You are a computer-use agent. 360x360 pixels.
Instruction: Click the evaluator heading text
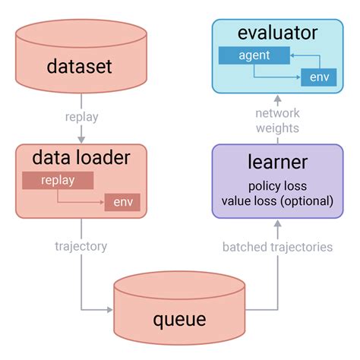coord(276,33)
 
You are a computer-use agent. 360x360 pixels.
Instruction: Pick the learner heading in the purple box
coord(276,162)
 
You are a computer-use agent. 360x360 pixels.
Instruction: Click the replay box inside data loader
coord(58,180)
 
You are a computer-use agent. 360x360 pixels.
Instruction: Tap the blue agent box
coord(254,55)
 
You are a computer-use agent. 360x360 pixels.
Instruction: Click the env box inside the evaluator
coord(319,77)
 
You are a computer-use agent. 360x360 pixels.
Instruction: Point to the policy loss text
coord(276,186)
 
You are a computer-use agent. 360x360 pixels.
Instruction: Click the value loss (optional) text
coord(276,201)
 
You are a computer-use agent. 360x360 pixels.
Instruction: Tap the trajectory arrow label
coord(81,246)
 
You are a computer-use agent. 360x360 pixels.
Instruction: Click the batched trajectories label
coord(277,246)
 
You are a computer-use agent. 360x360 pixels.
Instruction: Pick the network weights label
coord(277,120)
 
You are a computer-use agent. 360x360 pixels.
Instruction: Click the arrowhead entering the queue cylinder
coord(109,309)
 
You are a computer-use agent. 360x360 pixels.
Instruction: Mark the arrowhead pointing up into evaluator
coord(277,98)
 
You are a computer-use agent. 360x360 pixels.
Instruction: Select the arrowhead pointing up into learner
coord(277,224)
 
